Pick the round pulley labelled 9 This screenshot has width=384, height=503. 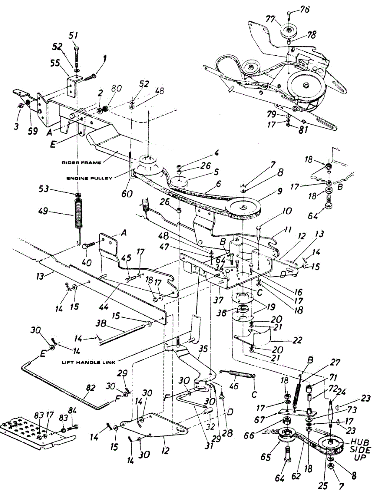(243, 208)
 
